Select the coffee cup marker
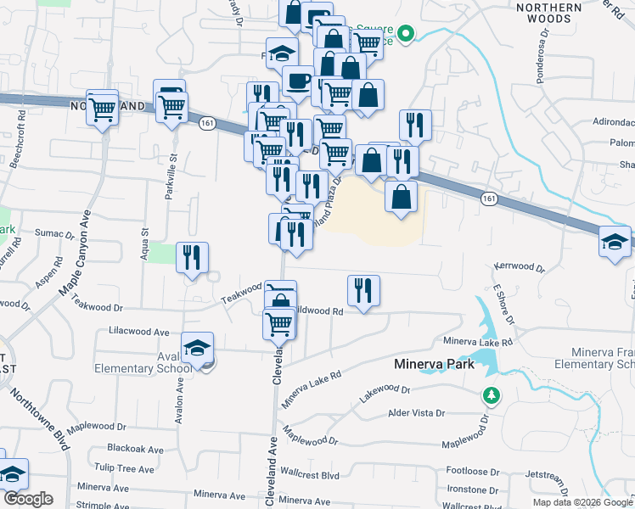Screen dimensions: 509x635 (x=297, y=81)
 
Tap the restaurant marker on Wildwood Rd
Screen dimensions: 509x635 (x=363, y=290)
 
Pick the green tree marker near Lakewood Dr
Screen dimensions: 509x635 (x=491, y=395)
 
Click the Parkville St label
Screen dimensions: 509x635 (x=171, y=174)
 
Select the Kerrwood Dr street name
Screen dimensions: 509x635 (x=519, y=267)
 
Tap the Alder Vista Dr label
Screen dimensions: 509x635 (x=415, y=413)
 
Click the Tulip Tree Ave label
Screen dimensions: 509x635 (x=124, y=468)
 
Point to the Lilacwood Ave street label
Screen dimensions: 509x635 (x=139, y=332)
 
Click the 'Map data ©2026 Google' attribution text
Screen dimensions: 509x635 (x=582, y=502)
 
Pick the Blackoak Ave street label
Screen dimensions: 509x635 (x=135, y=449)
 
